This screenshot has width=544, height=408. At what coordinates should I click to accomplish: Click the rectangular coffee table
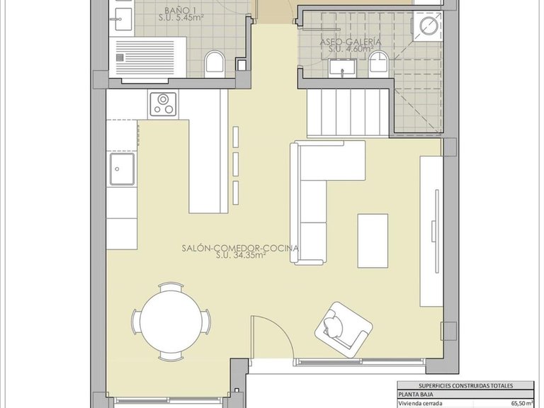pyautogui.click(x=373, y=240)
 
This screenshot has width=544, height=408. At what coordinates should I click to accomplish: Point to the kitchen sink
pyautogui.click(x=122, y=171)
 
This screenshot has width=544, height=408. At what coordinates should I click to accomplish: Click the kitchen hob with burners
pyautogui.click(x=163, y=103)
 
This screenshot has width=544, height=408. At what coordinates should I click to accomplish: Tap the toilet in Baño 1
pyautogui.click(x=215, y=64)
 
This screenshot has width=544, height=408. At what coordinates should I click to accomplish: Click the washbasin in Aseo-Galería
pyautogui.click(x=343, y=69)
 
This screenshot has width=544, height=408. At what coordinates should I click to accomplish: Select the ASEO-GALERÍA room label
pyautogui.click(x=351, y=42)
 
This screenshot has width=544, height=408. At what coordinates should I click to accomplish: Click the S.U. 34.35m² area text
pyautogui.click(x=241, y=256)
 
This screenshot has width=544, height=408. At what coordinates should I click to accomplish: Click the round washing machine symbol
pyautogui.click(x=429, y=26)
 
